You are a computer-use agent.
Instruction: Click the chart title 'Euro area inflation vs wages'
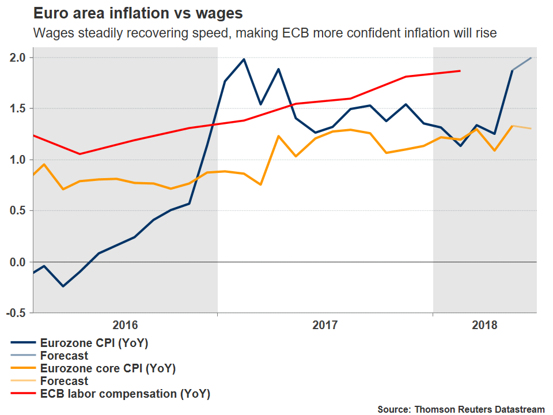pos(138,13)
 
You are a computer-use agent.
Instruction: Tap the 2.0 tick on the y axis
pos(17,57)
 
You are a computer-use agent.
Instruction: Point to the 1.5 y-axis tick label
pos(17,108)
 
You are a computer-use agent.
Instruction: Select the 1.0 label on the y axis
pos(17,160)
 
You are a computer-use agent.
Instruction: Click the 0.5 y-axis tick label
pos(17,211)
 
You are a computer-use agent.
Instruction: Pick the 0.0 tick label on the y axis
pos(17,262)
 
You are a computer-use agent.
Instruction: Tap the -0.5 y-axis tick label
pos(16,313)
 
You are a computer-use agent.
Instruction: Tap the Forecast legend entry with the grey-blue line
pos(64,356)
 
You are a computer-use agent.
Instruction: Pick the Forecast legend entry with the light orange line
pos(64,381)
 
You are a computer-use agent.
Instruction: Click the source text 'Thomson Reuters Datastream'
pos(479,409)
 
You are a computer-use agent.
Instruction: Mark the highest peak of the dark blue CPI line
pos(244,59)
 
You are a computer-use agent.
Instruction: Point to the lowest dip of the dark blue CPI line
pos(63,286)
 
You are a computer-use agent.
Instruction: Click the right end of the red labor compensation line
pos(460,71)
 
